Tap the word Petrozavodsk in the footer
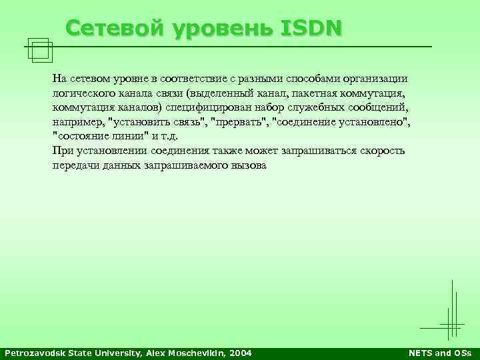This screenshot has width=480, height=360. (33, 353)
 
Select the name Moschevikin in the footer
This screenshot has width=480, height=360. (195, 353)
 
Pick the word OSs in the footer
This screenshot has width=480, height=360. (461, 353)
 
